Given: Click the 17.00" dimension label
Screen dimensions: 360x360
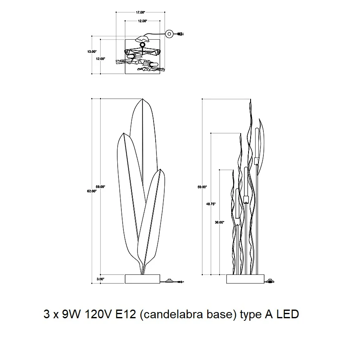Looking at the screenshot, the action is point(140,12).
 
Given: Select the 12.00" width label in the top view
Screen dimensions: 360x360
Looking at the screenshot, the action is point(142,21).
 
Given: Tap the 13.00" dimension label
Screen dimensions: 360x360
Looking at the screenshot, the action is point(92,52).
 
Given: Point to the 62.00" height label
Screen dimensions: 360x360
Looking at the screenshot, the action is point(92,191).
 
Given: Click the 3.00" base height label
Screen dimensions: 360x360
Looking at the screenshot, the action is point(100,279).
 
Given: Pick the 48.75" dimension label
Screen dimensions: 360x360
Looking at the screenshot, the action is point(211,204).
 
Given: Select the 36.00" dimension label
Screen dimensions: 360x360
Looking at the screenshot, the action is point(220,222).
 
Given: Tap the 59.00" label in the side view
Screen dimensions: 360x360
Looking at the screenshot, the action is point(202,187).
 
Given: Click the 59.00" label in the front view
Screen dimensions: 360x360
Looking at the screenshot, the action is point(100,187).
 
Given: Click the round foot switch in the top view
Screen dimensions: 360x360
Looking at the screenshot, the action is point(169,34).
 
